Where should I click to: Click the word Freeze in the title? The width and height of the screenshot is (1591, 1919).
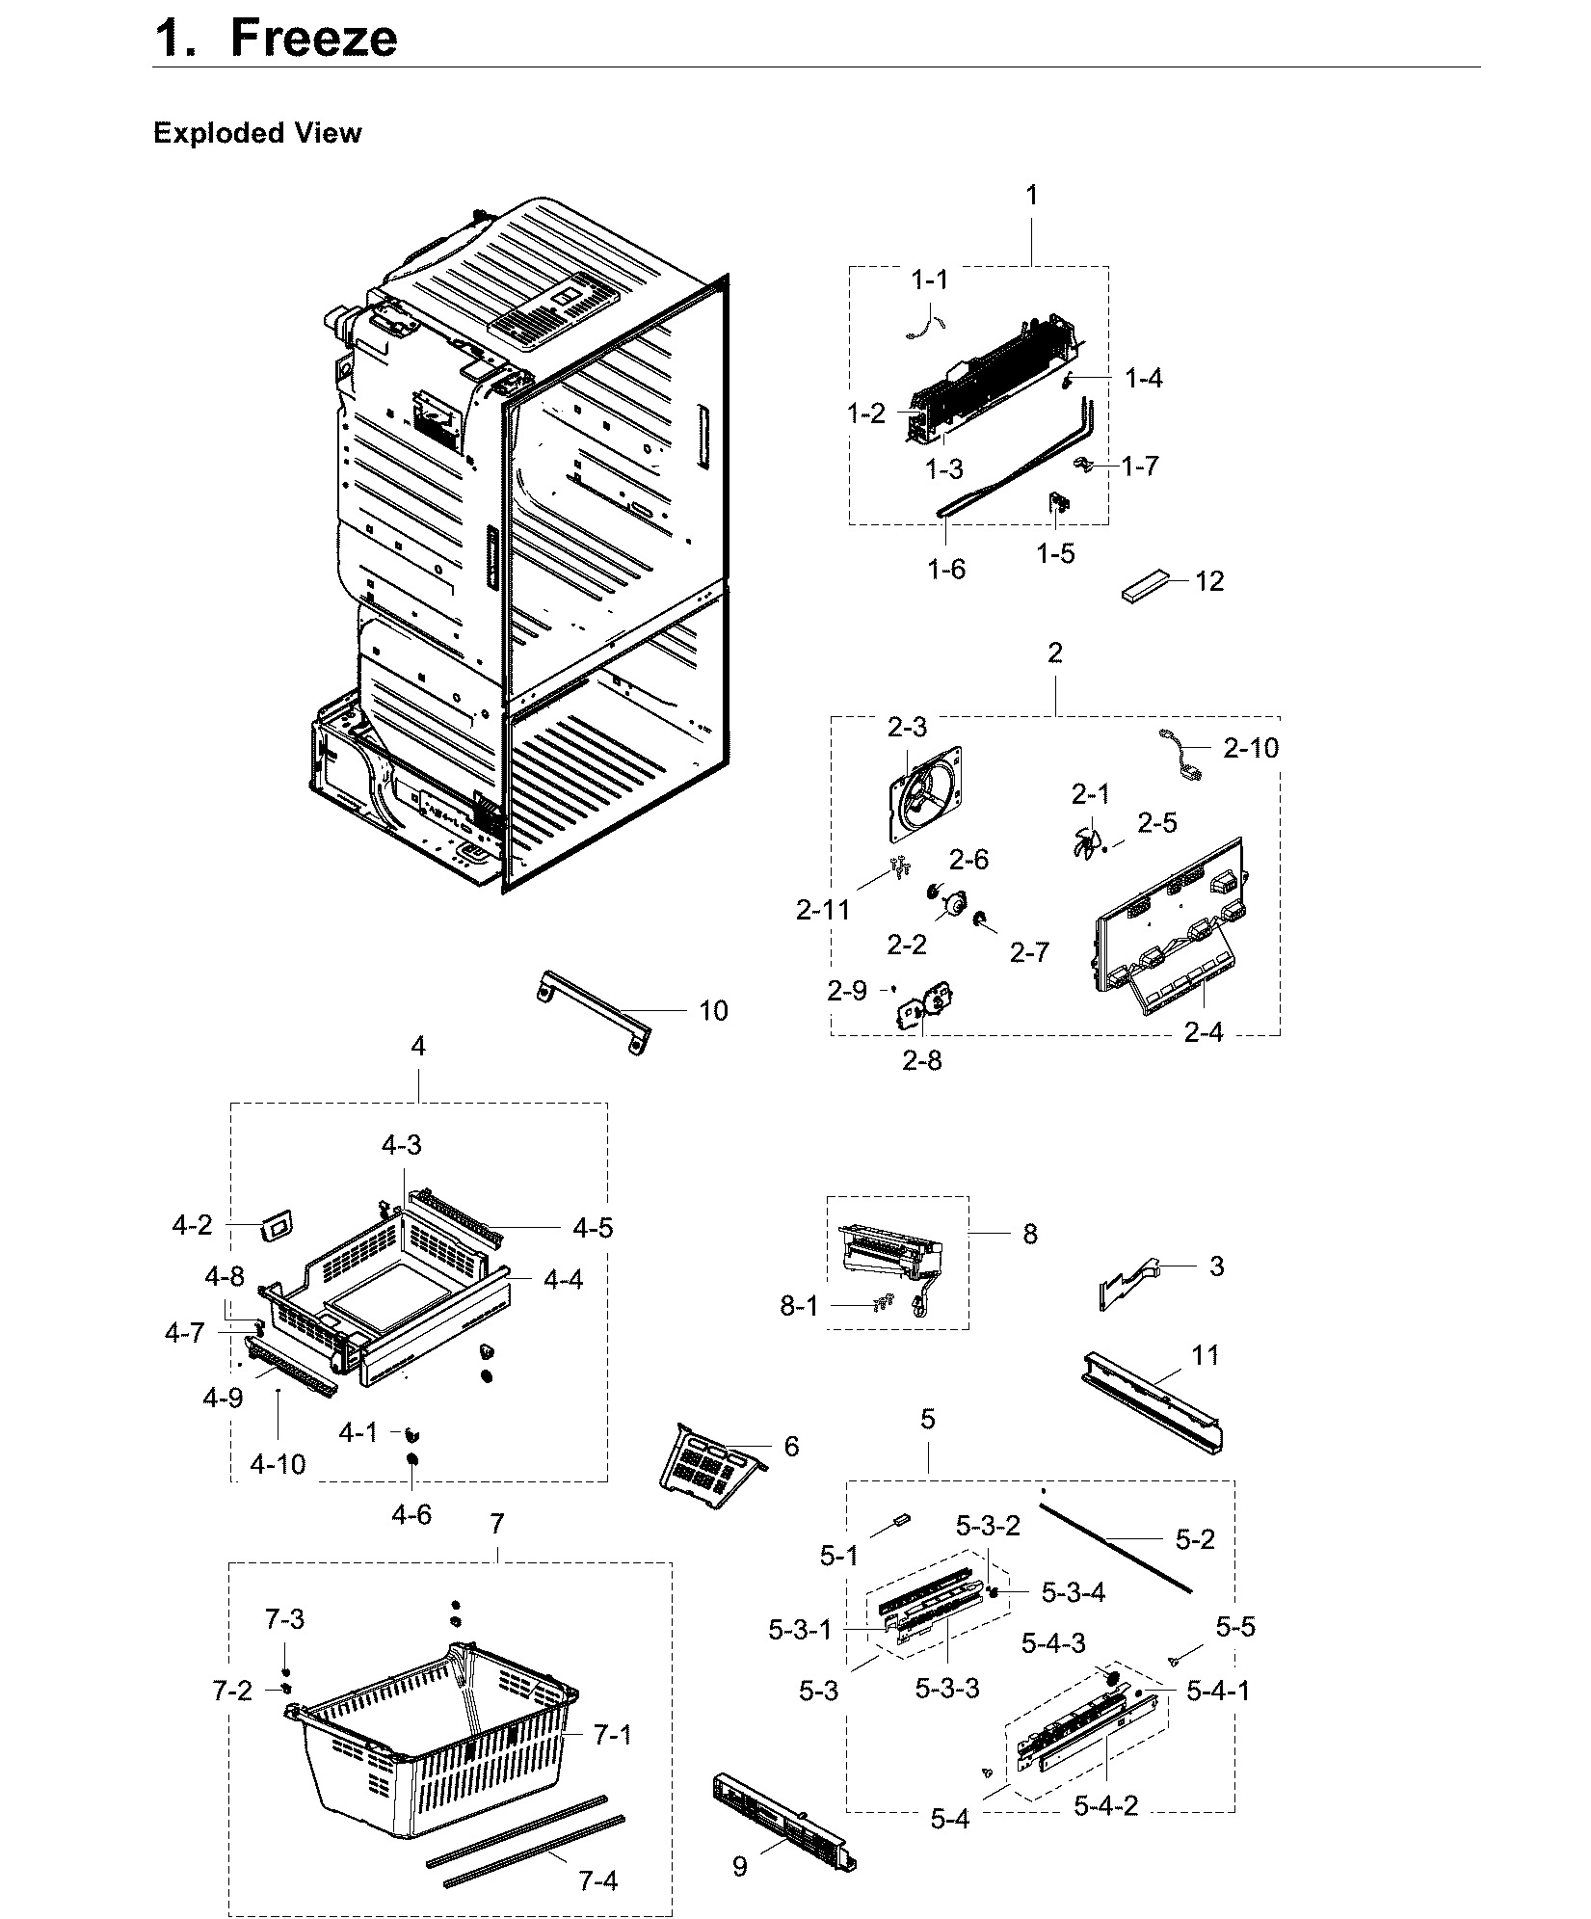(x=313, y=39)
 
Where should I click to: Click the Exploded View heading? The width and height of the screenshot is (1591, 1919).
(x=256, y=133)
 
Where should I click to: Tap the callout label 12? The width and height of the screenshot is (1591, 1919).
(x=1209, y=581)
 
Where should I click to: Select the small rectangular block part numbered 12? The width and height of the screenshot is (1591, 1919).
(x=1145, y=586)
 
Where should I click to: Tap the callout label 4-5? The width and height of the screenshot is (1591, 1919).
(x=592, y=1228)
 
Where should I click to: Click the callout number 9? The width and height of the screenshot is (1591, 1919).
(x=739, y=1867)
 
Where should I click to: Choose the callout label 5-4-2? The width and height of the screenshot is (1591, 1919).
(x=1106, y=1805)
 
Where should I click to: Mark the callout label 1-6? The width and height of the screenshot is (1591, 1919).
(x=946, y=570)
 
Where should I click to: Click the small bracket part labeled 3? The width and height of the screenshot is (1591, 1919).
(x=1132, y=1282)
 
